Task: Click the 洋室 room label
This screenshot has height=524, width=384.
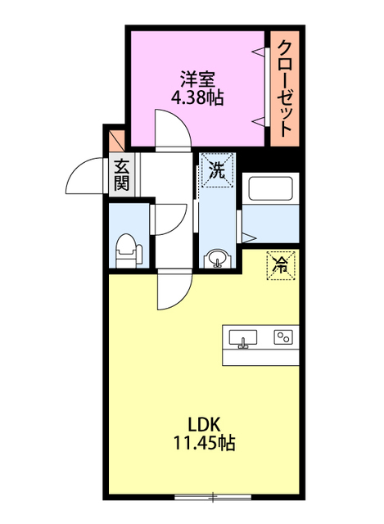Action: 197,80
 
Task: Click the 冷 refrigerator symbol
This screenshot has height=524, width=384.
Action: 280,264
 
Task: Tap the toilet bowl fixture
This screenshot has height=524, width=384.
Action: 126,246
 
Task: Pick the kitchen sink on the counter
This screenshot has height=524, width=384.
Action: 243,337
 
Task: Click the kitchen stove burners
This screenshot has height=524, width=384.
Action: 283,337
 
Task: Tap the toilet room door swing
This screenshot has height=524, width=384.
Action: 169,217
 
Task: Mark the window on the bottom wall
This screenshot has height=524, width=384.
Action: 214,496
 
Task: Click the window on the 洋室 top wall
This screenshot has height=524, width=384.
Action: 197,28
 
